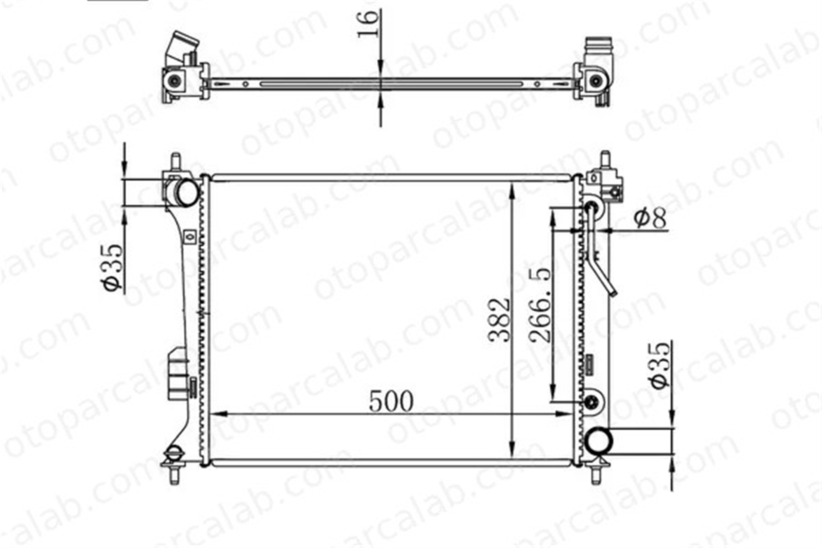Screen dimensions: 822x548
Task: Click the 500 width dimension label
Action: (391, 401)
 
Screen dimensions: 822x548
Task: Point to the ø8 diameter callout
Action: (650, 218)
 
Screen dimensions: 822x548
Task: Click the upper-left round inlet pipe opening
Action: (187, 192)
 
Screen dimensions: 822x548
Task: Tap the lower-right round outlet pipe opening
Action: (599, 441)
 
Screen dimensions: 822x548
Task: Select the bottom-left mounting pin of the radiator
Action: (174, 476)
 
